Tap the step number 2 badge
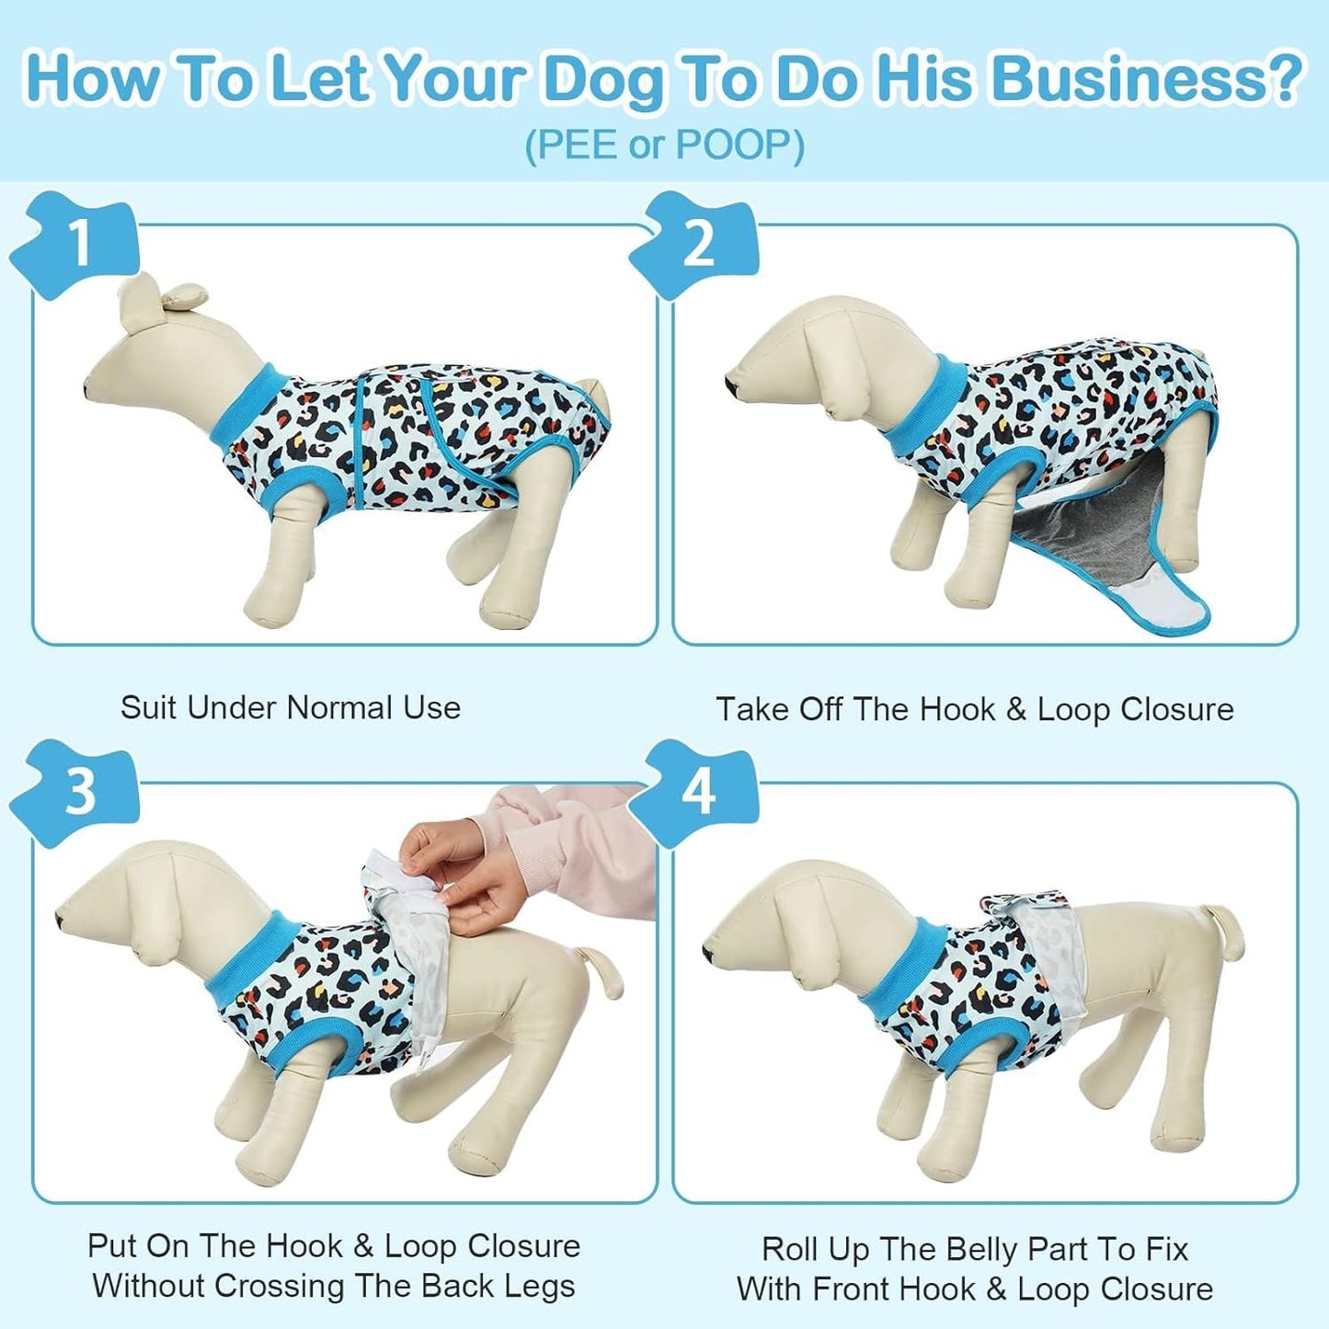click(x=699, y=243)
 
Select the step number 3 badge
click(x=80, y=791)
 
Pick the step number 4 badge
click(x=699, y=791)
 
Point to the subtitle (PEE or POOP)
click(x=664, y=145)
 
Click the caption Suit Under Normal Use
click(x=291, y=707)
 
